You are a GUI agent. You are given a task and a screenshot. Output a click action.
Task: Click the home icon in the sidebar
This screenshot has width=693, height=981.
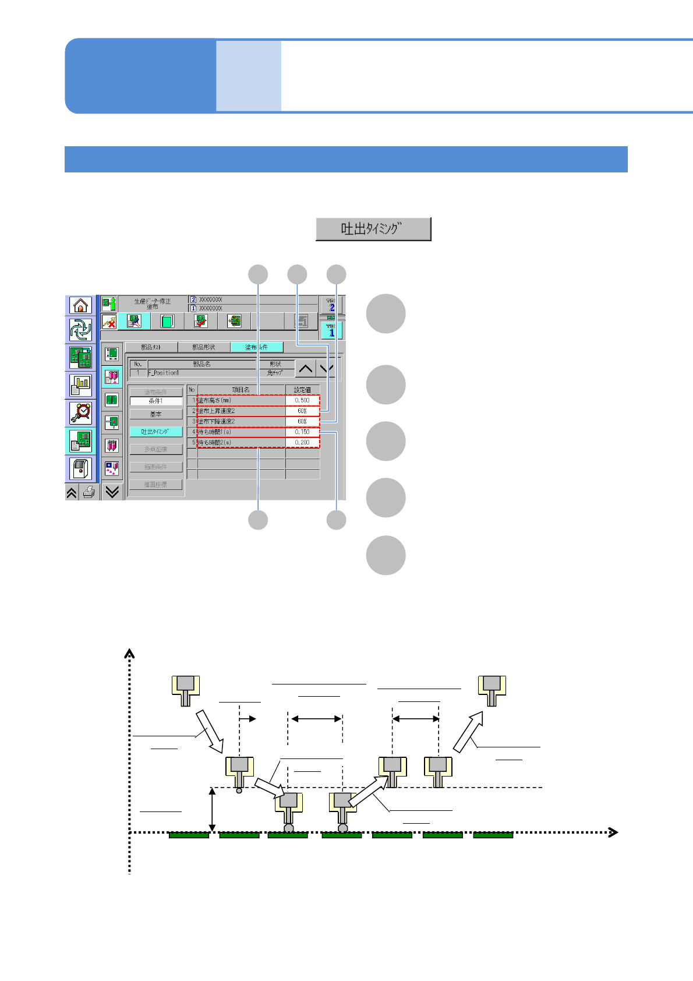80,305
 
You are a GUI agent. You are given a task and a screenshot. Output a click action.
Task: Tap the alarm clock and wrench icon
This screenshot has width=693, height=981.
80,413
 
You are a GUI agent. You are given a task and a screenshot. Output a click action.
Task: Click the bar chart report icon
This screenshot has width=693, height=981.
80,385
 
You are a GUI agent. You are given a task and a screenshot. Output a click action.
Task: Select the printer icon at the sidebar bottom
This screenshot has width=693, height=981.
89,493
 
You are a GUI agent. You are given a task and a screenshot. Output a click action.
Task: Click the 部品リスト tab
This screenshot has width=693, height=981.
151,347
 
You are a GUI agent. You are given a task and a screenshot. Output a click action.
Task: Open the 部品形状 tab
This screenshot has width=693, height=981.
204,347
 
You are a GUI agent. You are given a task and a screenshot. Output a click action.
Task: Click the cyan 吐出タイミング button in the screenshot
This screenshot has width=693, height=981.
155,432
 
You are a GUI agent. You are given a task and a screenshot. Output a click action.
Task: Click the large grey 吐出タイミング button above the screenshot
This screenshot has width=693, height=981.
373,229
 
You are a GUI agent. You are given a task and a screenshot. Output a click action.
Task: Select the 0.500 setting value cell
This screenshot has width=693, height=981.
302,400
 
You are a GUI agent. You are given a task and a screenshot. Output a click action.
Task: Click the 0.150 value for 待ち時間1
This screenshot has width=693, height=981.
302,432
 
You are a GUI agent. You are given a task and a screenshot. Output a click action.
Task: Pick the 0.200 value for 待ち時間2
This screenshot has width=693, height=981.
302,443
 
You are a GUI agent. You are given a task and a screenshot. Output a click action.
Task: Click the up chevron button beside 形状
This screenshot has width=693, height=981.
306,369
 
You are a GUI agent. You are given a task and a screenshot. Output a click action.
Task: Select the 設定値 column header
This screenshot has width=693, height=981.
302,390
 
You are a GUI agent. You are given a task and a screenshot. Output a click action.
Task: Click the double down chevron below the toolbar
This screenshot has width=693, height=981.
112,492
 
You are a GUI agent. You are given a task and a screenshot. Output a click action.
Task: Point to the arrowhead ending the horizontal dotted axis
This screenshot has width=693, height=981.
613,832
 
